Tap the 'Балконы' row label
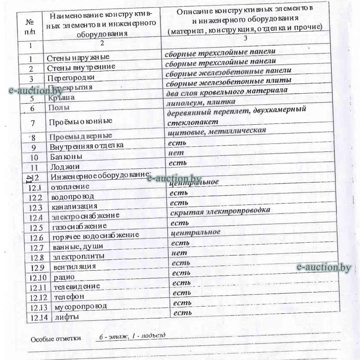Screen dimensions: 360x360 [x=66, y=156]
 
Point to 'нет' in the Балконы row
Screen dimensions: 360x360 [x=176, y=153]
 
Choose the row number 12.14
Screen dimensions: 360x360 [x=39, y=317]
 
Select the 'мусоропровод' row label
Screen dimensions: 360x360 [x=80, y=307]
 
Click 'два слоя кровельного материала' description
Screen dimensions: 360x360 [x=226, y=91]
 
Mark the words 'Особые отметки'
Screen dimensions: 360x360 [x=55, y=339]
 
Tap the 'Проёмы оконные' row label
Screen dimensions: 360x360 [x=80, y=121]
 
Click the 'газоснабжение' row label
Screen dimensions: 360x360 [x=79, y=226]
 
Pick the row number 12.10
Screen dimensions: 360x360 [x=38, y=277]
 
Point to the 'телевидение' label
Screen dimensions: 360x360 [x=76, y=286]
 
